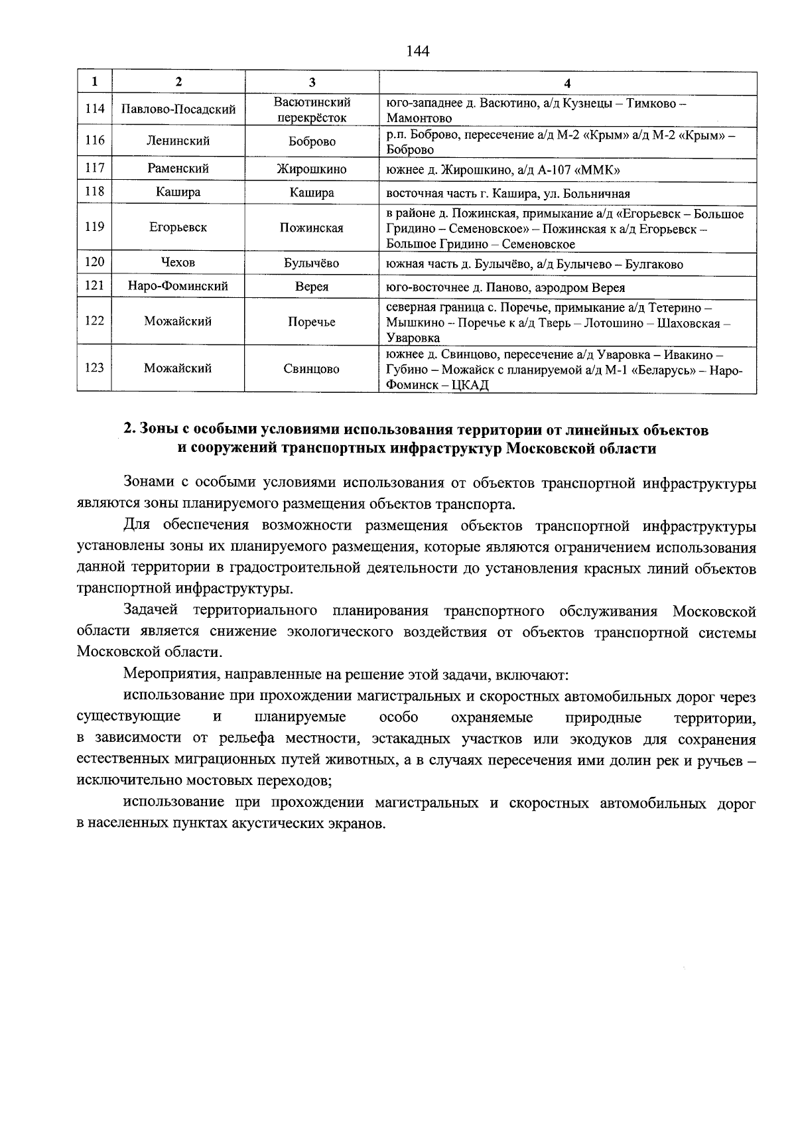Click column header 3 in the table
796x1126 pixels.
tap(312, 82)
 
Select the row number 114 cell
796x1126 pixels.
tap(95, 109)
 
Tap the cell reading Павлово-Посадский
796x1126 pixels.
tap(178, 109)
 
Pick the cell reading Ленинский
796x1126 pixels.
tap(178, 141)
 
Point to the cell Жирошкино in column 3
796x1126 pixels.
tap(312, 170)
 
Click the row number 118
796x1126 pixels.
tap(95, 192)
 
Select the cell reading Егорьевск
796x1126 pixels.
tap(178, 228)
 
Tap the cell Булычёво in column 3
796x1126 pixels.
tap(312, 263)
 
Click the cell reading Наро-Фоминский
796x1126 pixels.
tap(178, 287)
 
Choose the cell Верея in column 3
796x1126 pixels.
tap(312, 287)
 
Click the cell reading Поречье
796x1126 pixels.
tap(312, 322)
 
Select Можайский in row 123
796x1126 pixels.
tap(178, 368)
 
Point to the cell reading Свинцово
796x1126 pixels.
tap(312, 369)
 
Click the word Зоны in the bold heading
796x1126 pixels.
tap(157, 430)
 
